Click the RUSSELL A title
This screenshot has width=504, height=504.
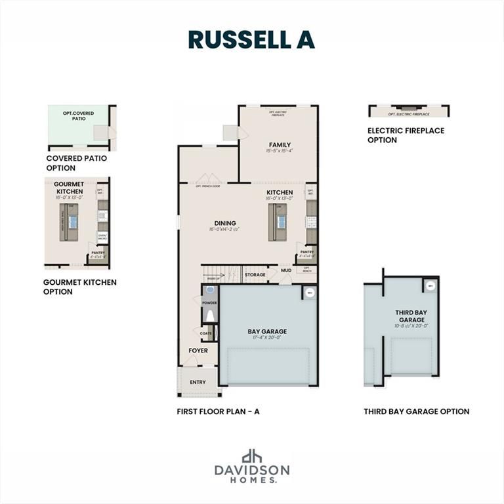click(x=251, y=39)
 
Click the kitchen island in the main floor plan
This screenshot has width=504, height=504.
click(x=276, y=222)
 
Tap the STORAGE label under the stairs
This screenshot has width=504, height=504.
click(x=255, y=275)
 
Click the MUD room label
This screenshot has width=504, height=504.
click(x=286, y=270)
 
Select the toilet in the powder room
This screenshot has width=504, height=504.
click(x=210, y=316)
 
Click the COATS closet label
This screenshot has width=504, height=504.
click(x=206, y=333)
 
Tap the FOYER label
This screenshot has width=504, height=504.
click(x=198, y=350)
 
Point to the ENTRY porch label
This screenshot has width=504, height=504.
click(x=198, y=382)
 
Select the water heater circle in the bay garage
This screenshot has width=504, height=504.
click(x=310, y=293)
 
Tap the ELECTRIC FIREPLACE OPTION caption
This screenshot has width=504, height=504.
click(x=406, y=135)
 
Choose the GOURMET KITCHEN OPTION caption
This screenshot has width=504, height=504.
click(x=79, y=287)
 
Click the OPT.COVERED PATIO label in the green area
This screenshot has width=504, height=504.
click(x=76, y=116)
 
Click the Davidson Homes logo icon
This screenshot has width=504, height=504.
click(x=252, y=455)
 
